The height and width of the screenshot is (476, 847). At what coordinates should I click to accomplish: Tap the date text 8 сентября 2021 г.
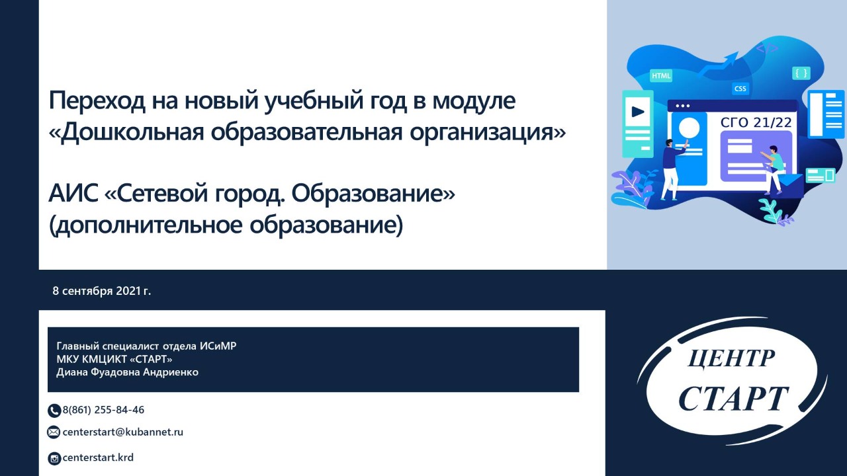102,291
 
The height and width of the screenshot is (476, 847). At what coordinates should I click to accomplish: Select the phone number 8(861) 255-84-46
103,410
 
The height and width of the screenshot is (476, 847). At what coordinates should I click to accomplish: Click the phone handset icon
54,411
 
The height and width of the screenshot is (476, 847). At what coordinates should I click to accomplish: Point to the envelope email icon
54,432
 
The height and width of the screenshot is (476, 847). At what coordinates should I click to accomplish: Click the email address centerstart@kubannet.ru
123,432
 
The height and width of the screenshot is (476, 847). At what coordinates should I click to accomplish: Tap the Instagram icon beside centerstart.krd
54,459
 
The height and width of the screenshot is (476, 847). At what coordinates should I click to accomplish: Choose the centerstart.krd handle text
98,457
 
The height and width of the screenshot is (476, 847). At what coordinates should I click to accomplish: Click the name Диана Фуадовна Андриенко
128,372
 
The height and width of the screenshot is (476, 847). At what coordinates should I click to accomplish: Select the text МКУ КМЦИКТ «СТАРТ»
114,359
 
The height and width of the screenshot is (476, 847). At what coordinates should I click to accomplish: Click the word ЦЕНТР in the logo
731,358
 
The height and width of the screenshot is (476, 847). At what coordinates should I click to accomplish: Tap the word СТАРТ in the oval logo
734,399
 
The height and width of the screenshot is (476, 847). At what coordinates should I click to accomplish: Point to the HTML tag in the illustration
661,75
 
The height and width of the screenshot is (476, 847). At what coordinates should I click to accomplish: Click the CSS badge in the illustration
740,89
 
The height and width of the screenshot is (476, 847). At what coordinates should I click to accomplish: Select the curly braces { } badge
801,73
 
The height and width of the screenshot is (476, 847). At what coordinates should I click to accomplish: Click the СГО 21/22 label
756,122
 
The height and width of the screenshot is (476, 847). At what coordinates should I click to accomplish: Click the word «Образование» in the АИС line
373,194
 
